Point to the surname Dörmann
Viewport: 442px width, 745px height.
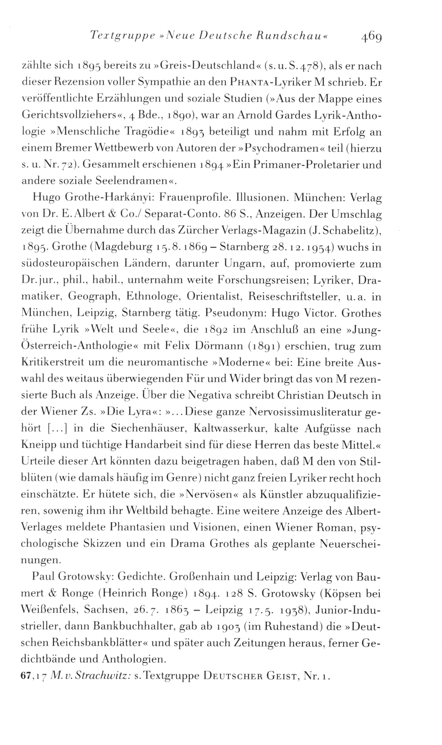click(220, 347)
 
